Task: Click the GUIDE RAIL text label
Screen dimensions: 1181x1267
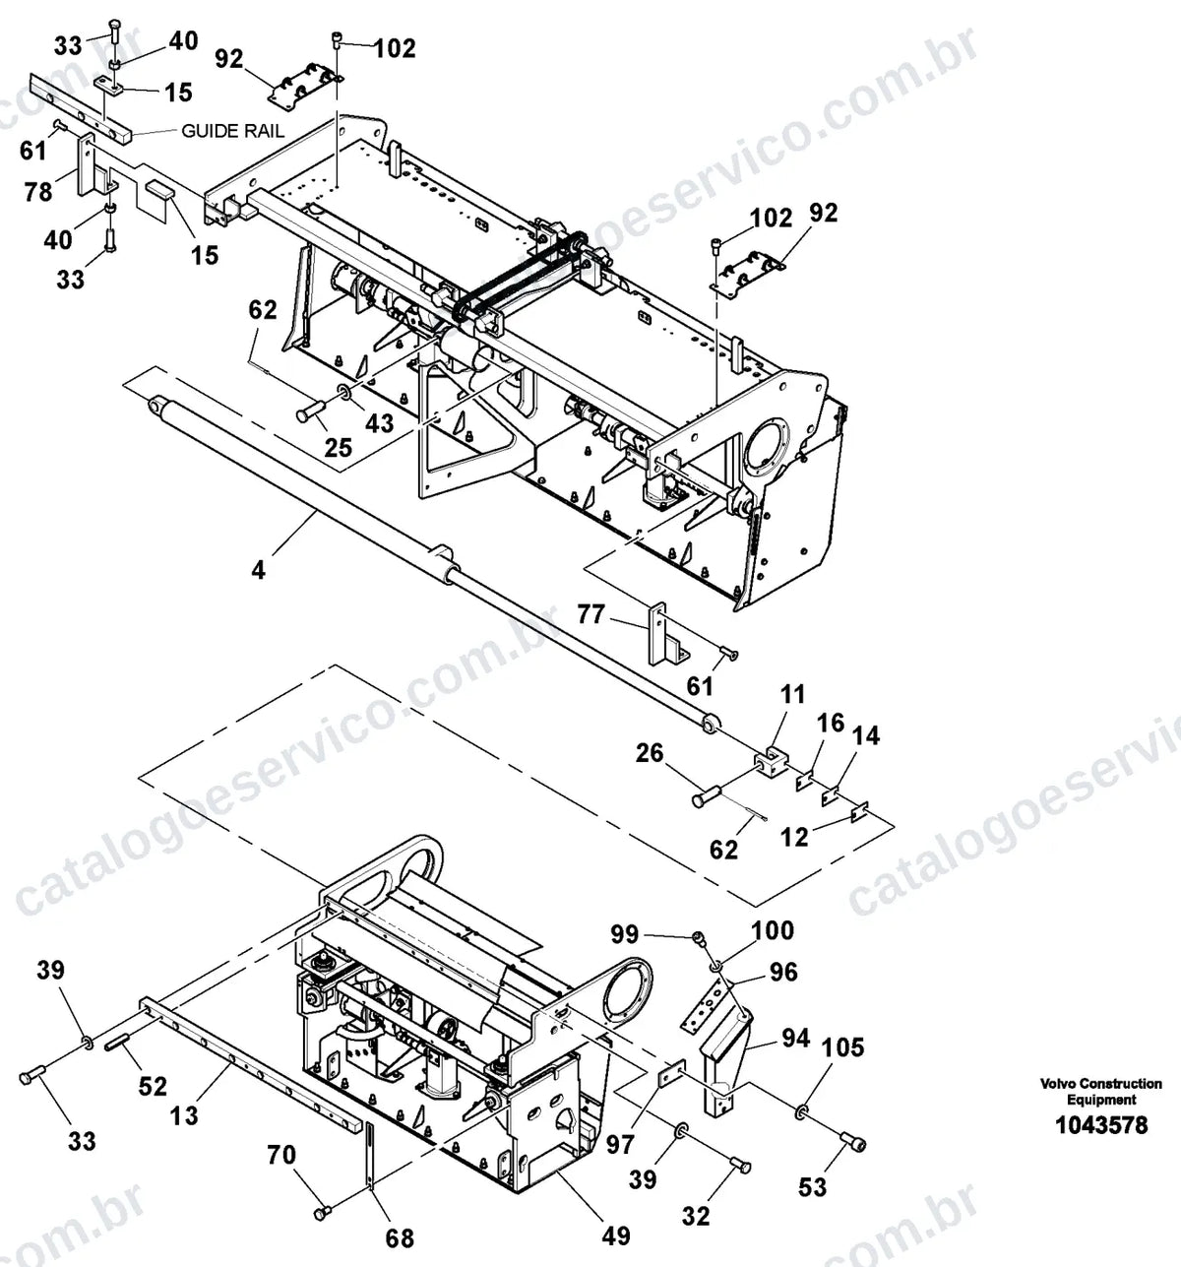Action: pyautogui.click(x=233, y=131)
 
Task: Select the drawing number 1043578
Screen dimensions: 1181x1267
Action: pyautogui.click(x=1101, y=1124)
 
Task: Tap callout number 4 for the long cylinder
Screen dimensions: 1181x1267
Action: pyautogui.click(x=258, y=570)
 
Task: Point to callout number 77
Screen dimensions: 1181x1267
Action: pyautogui.click(x=590, y=614)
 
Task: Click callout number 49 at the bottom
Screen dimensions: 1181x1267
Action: pyautogui.click(x=616, y=1235)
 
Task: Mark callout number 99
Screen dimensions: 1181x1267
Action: pyautogui.click(x=625, y=934)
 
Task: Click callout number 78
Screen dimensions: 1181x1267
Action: pyautogui.click(x=38, y=191)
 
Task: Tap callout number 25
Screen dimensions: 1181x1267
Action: pyautogui.click(x=339, y=447)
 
